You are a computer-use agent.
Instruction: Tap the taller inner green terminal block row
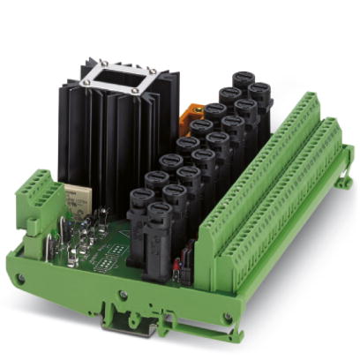256,168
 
